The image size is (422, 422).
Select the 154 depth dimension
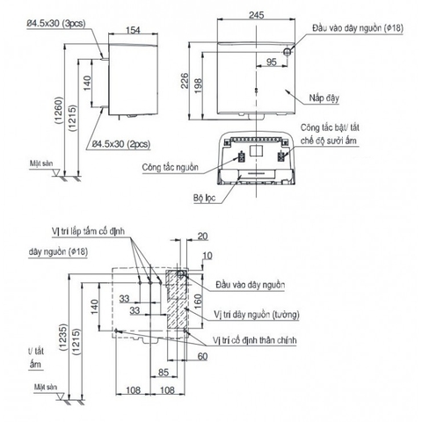tap(134, 31)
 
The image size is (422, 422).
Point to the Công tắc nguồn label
tap(168, 166)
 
